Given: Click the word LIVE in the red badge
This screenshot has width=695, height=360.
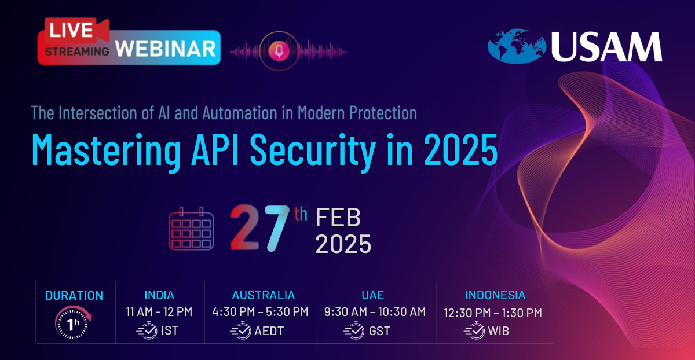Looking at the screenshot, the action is click(x=71, y=30).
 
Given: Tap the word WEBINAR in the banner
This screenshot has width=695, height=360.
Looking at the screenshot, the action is click(x=166, y=49).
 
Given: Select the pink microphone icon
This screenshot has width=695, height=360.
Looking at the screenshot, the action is click(x=279, y=51).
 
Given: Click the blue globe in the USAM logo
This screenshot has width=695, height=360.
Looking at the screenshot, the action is click(x=517, y=46).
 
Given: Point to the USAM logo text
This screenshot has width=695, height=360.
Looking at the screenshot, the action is click(x=606, y=46).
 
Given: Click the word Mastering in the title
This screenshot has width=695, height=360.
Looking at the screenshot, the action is click(x=106, y=150).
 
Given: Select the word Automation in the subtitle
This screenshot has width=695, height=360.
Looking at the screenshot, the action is click(x=240, y=112).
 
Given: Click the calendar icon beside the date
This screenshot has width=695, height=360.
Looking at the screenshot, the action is click(x=191, y=229).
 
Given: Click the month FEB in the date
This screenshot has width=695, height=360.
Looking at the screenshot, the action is click(x=338, y=218).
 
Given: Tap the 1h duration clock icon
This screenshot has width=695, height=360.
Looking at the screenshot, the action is click(x=73, y=322).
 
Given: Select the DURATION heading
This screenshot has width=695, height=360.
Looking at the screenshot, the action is click(x=74, y=296).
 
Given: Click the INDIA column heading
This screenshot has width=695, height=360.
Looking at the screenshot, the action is click(x=159, y=295).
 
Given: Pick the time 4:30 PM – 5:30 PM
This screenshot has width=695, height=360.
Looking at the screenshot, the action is click(x=260, y=312).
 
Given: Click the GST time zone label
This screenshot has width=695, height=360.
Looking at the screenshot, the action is click(x=380, y=331).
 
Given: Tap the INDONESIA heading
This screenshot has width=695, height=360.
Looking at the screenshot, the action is click(x=495, y=295).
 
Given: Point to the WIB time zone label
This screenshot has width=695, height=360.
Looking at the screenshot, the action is click(x=498, y=331).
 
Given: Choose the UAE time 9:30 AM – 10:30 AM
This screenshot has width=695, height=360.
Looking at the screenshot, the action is click(x=375, y=312).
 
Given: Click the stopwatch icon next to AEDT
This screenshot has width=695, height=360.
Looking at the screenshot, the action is click(x=240, y=330).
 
